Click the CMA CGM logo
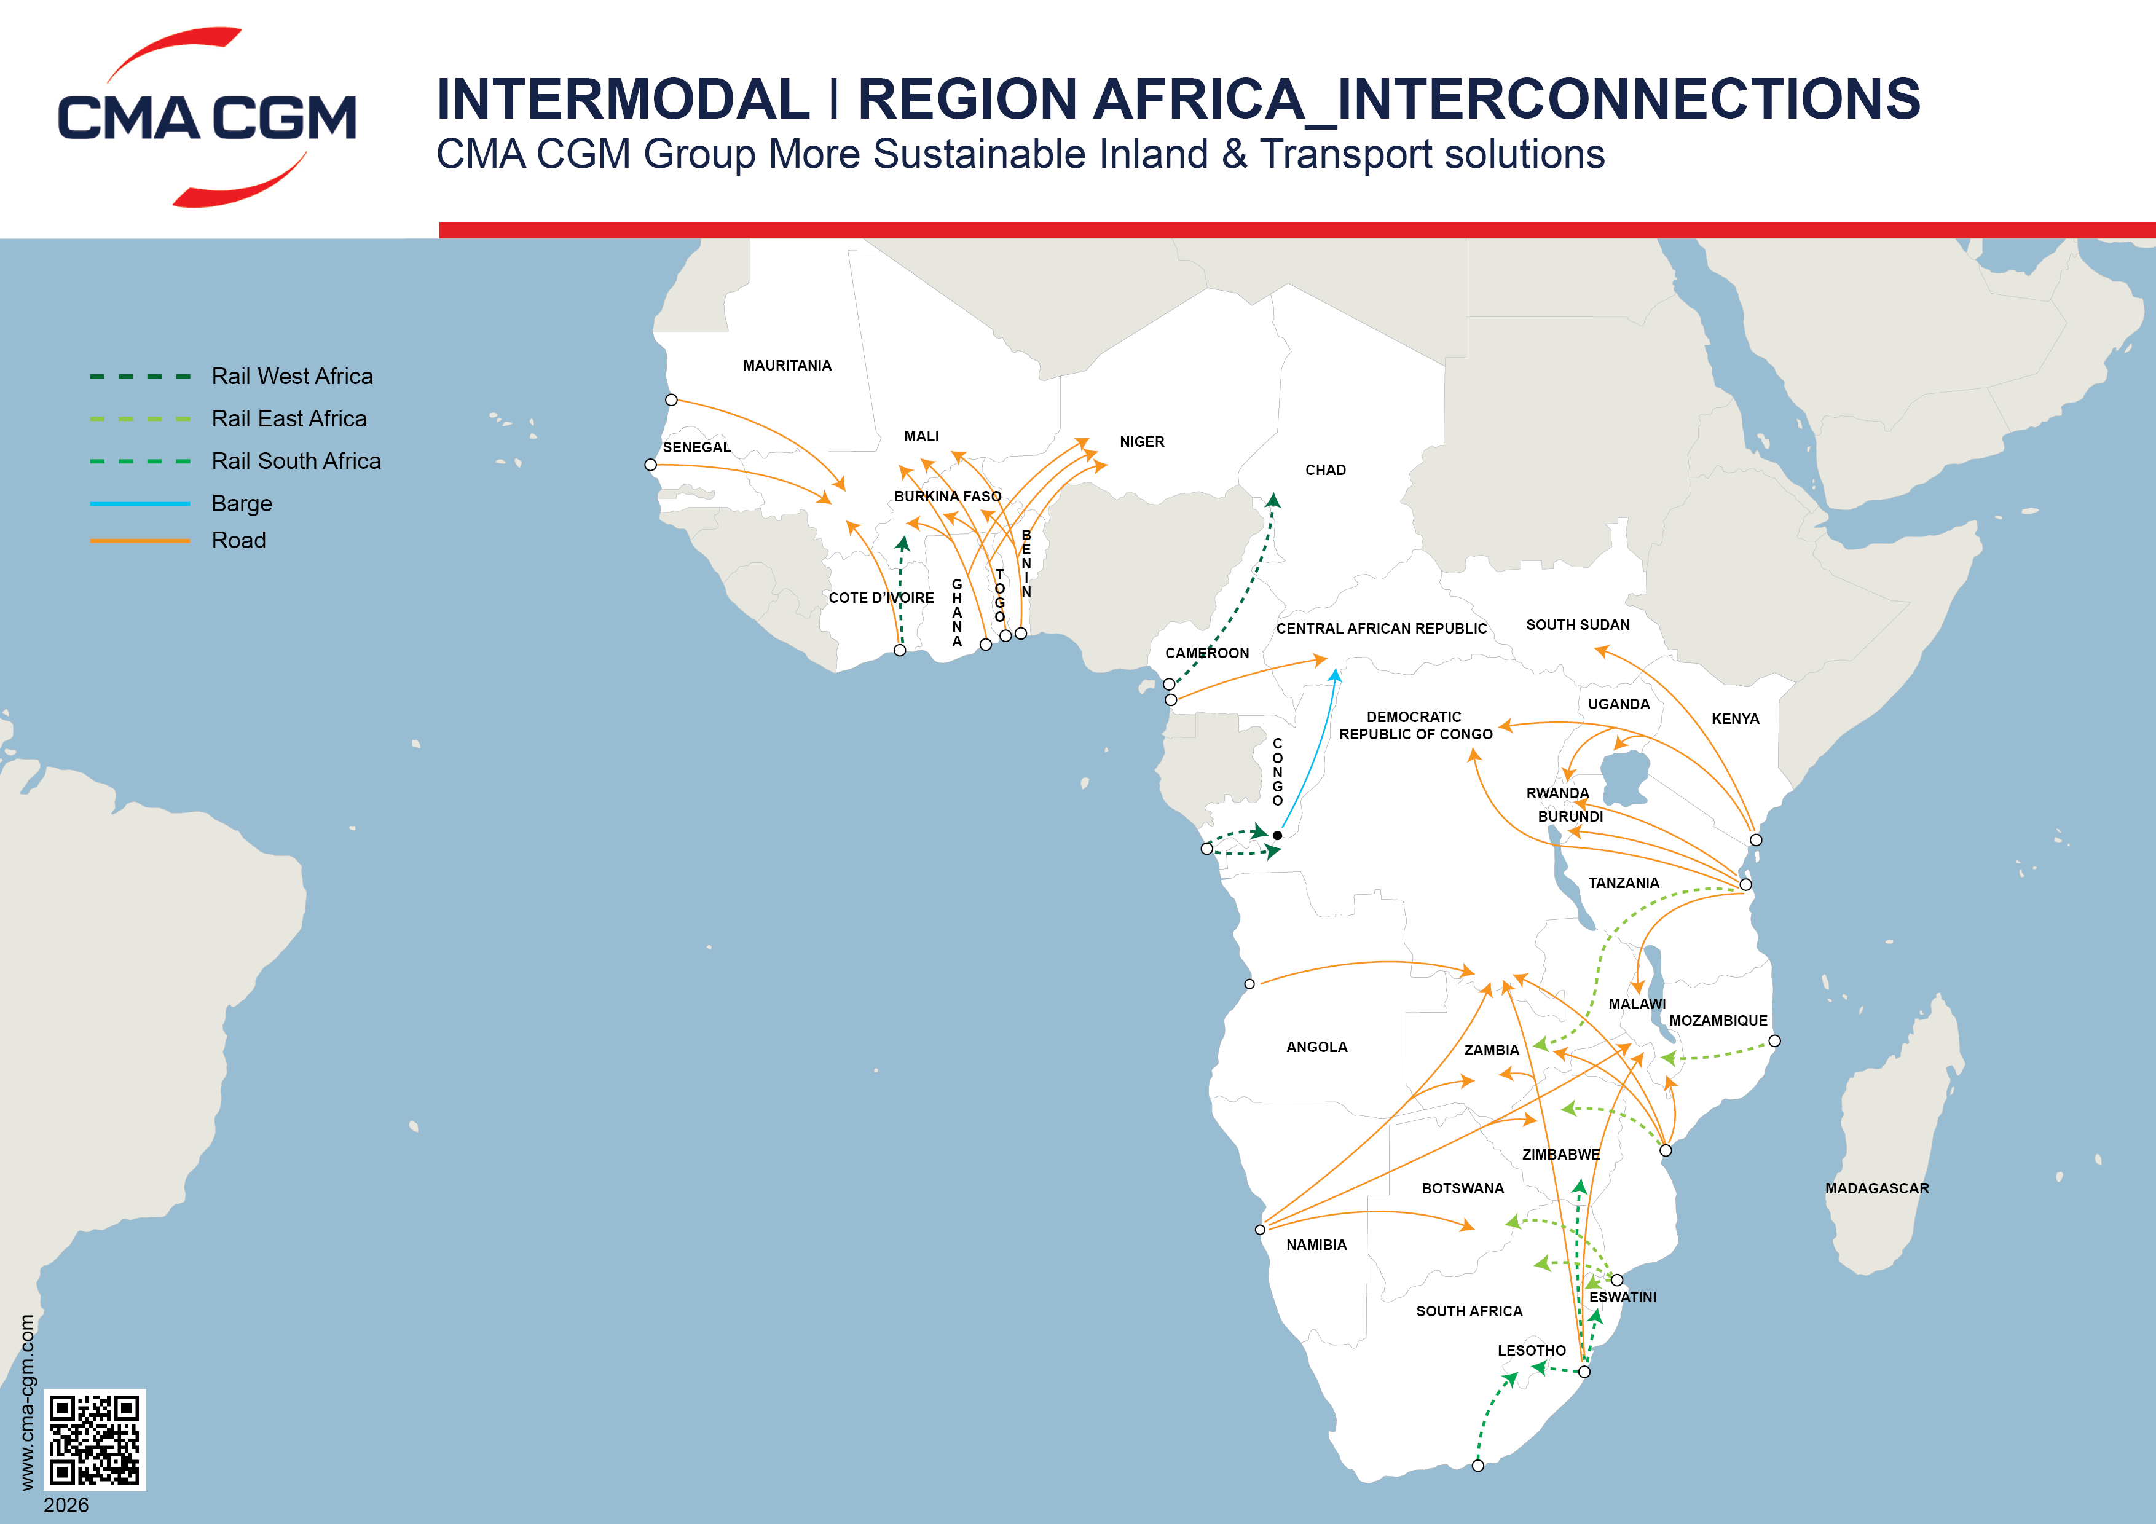coord(207,117)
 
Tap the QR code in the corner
coord(95,1439)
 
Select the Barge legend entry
coord(242,505)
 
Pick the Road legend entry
coord(238,541)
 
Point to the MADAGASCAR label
coord(1876,1188)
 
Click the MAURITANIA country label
coord(787,365)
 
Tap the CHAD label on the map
coord(1325,469)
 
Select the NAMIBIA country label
coord(1316,1244)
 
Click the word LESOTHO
coord(1530,1350)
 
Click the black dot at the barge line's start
coord(1277,835)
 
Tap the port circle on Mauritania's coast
coord(671,400)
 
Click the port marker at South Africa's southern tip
coord(1477,1465)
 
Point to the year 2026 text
coord(66,1504)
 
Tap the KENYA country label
coord(1734,718)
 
